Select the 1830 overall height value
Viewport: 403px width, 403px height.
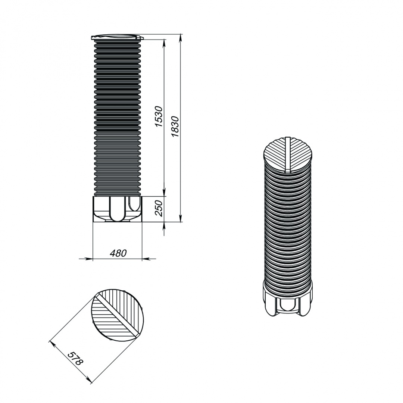(175, 126)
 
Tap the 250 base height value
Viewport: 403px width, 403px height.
(159, 208)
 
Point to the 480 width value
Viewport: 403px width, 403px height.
(118, 253)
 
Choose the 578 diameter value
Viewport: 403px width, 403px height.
(75, 359)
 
